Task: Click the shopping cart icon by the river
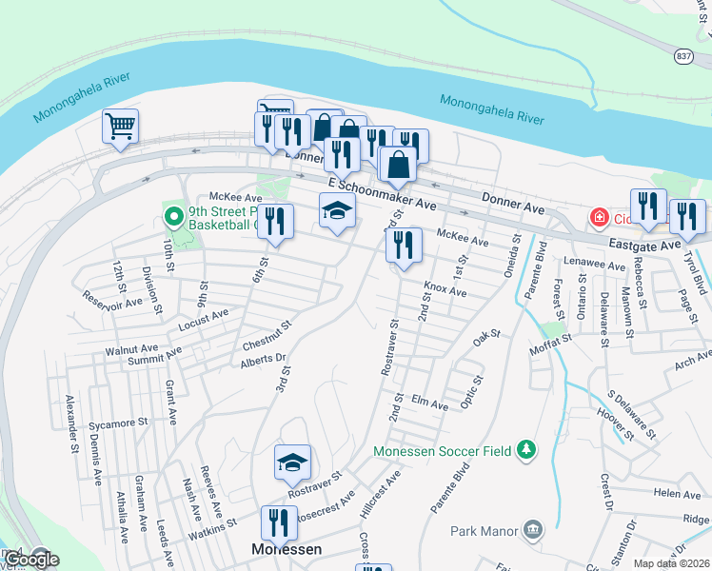click(x=121, y=126)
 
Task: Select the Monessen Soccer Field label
click(x=444, y=449)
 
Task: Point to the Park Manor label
click(x=485, y=530)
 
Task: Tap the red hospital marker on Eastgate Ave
click(x=600, y=217)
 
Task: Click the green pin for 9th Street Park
click(x=173, y=217)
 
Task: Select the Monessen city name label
click(x=286, y=550)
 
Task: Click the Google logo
click(x=31, y=560)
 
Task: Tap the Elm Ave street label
click(x=429, y=404)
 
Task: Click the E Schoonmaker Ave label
click(x=381, y=193)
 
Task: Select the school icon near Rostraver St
click(x=293, y=463)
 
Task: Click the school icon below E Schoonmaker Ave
click(x=337, y=210)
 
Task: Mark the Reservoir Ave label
click(x=112, y=301)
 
